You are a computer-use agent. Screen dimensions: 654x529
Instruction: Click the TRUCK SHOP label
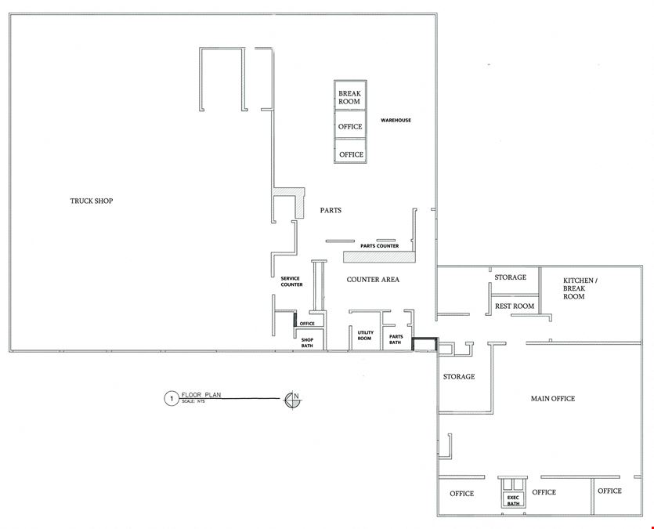point(92,201)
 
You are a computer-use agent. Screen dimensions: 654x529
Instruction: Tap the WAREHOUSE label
point(396,120)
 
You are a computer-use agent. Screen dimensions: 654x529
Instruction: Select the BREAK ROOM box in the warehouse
point(350,95)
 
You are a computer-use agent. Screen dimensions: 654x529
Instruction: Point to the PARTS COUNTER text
point(380,246)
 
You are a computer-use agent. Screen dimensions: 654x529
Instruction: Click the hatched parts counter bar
point(380,257)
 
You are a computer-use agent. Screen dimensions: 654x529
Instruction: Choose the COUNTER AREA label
point(373,280)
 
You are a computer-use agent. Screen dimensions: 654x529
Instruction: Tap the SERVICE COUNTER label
point(291,281)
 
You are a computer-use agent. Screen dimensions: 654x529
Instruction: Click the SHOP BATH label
point(307,342)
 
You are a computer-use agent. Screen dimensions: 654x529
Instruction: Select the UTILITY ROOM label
point(365,335)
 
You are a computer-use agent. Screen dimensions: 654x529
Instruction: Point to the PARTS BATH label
point(396,339)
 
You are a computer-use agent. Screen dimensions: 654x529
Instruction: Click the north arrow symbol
point(293,400)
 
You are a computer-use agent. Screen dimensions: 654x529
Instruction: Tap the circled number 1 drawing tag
point(171,399)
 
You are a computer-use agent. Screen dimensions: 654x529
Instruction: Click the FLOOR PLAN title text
point(201,395)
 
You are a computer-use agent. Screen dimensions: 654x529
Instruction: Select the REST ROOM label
point(515,306)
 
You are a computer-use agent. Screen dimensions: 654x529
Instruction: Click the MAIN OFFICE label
point(553,399)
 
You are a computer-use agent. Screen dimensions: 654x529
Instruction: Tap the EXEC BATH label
point(514,501)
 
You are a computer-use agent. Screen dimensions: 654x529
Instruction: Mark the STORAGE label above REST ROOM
point(511,277)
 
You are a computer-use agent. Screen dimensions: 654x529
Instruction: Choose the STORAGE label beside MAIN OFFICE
point(459,377)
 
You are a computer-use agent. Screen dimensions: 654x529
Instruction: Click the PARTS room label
point(331,210)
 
